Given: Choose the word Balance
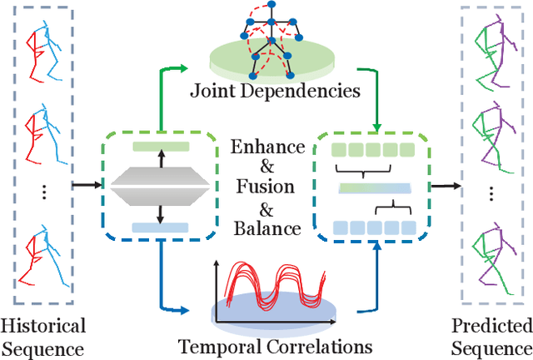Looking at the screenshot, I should pos(267,225).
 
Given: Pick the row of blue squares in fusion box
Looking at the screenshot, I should pos(372,227).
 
